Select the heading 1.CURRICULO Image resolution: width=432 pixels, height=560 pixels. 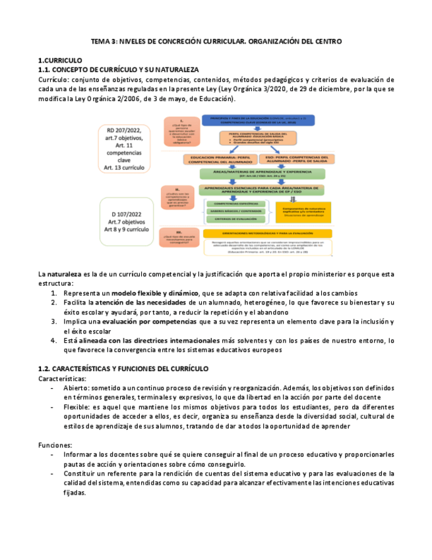pos(61,60)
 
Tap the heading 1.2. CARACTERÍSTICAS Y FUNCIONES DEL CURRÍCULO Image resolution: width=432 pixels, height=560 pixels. pos(124,368)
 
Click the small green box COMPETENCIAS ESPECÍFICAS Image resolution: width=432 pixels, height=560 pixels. pos(233,203)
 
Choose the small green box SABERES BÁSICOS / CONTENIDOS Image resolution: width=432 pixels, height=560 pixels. pos(233,212)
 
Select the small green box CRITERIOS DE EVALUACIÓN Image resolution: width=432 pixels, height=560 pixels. pos(233,220)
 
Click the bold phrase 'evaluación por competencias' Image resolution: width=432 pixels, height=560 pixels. pos(149,321)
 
